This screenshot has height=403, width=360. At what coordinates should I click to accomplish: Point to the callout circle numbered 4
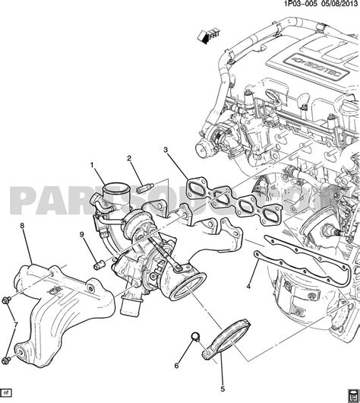pos(249,287)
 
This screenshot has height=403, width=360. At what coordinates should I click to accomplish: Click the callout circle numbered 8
pos(22,225)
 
